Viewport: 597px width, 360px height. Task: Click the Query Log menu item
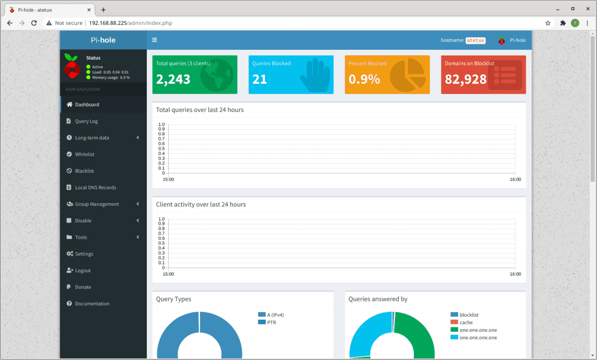tap(86, 121)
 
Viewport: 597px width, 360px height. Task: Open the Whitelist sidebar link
tap(85, 154)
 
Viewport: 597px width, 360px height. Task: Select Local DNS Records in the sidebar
tap(96, 187)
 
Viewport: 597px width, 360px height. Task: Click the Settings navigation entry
tap(84, 254)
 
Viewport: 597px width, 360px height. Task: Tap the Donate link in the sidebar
tap(83, 287)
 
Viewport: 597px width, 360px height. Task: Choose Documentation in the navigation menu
tap(92, 304)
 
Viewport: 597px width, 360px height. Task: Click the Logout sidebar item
tap(83, 270)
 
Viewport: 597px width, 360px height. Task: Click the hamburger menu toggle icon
tap(155, 40)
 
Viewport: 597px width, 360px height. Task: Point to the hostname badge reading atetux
tap(475, 40)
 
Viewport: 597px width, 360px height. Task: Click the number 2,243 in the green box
tap(173, 79)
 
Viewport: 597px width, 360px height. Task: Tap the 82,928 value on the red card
tap(466, 79)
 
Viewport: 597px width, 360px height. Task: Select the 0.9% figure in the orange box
tap(364, 79)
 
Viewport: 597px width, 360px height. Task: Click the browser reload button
tap(34, 23)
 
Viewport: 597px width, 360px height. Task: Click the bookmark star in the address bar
tap(548, 23)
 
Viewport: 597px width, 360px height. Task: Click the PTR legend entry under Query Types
tap(271, 322)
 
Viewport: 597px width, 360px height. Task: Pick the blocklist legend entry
tap(469, 315)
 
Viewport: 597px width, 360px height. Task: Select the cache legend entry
tap(466, 322)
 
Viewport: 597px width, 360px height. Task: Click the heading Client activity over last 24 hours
tap(201, 204)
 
